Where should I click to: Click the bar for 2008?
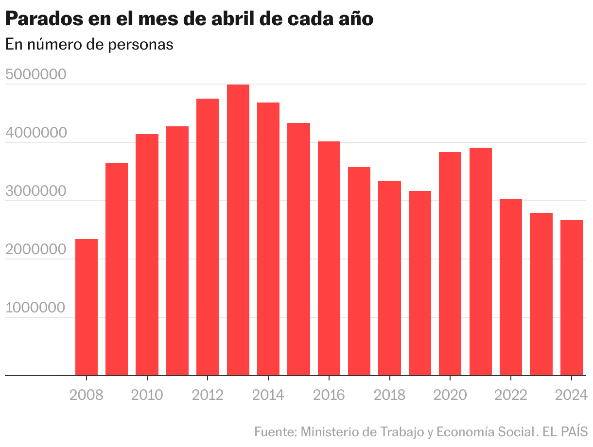pos(87,307)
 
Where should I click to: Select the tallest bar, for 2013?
pos(238,230)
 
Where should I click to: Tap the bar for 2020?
pos(450,263)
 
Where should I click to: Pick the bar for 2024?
pos(572,297)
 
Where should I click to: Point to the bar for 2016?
pos(329,258)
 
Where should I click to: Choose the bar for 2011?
pos(177,251)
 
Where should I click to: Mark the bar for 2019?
pos(420,283)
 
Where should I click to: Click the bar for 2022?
pos(511,287)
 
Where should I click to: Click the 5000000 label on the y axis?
pos(35,75)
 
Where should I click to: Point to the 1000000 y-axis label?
pos(35,308)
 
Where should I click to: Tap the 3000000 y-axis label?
pos(35,191)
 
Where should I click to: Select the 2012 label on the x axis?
pos(208,395)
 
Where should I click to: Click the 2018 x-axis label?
pos(389,395)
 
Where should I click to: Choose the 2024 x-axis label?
pos(572,395)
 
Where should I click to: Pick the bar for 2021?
pos(481,261)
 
